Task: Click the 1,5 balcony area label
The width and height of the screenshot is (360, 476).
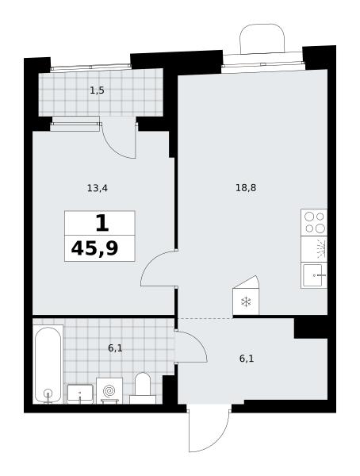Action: point(97,90)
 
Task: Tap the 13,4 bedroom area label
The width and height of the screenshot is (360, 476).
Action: point(97,189)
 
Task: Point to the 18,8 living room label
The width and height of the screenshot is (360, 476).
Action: point(246,188)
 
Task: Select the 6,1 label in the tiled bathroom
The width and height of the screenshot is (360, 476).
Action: point(115,348)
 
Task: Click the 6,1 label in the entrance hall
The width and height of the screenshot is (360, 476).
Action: point(247,359)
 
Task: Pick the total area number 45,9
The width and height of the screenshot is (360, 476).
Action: point(94,249)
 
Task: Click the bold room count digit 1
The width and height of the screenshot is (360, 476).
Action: point(102,223)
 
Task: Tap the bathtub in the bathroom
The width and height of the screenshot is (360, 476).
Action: point(48,365)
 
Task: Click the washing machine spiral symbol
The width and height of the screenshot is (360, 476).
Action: point(109,390)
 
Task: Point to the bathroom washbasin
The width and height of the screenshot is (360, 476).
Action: point(80,393)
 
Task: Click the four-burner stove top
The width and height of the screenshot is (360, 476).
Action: point(314,222)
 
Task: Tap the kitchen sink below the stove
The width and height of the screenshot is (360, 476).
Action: point(314,275)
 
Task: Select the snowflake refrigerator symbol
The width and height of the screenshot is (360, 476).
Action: point(246,302)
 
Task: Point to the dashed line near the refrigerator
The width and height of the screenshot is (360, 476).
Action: point(205,318)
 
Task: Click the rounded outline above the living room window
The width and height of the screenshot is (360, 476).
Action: point(262,25)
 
